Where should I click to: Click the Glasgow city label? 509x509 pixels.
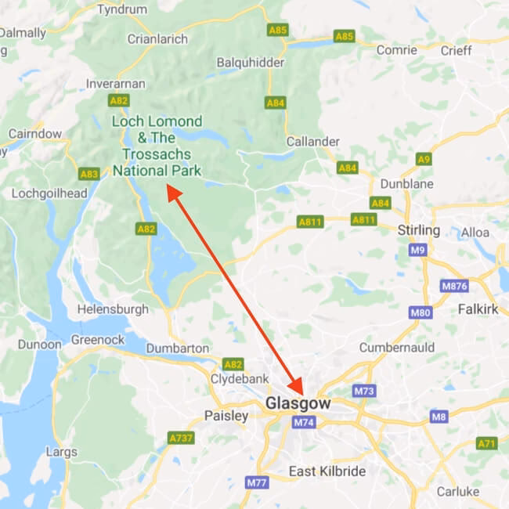[298, 403]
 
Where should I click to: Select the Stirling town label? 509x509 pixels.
[419, 230]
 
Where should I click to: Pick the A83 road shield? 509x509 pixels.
[89, 174]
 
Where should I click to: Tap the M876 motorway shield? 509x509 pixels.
[454, 286]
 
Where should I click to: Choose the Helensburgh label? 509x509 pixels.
[113, 309]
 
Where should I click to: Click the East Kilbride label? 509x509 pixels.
[327, 471]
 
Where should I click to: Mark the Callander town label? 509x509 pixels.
[313, 142]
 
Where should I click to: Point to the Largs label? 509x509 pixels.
[62, 452]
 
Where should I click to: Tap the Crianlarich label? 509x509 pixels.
[157, 38]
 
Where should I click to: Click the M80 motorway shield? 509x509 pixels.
[421, 313]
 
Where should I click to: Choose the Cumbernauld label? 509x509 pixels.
[395, 347]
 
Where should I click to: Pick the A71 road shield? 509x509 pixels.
[486, 444]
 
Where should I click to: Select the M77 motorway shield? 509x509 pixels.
[256, 483]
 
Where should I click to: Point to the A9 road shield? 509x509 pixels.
[424, 160]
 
